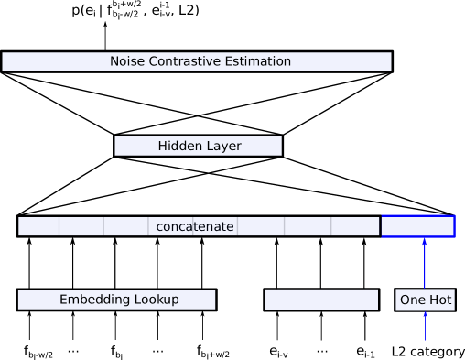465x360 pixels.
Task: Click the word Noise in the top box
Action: point(127,61)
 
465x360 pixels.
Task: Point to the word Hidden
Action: point(179,146)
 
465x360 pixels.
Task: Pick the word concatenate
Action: point(195,226)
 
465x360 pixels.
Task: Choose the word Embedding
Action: point(90,300)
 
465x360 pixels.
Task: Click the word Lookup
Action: point(151,300)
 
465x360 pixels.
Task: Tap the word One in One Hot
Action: point(413,300)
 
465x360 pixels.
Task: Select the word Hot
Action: point(438,300)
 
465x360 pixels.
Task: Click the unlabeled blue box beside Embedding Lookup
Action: point(321,300)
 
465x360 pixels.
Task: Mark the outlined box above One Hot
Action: point(417,225)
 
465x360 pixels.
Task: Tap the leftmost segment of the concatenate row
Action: point(38,226)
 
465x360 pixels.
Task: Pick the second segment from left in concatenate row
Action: point(81,226)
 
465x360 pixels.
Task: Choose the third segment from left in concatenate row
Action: point(126,226)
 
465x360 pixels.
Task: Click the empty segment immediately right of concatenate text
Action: point(261,226)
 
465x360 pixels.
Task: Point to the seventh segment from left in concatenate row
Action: point(308,226)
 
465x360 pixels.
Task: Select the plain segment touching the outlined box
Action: point(355,226)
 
